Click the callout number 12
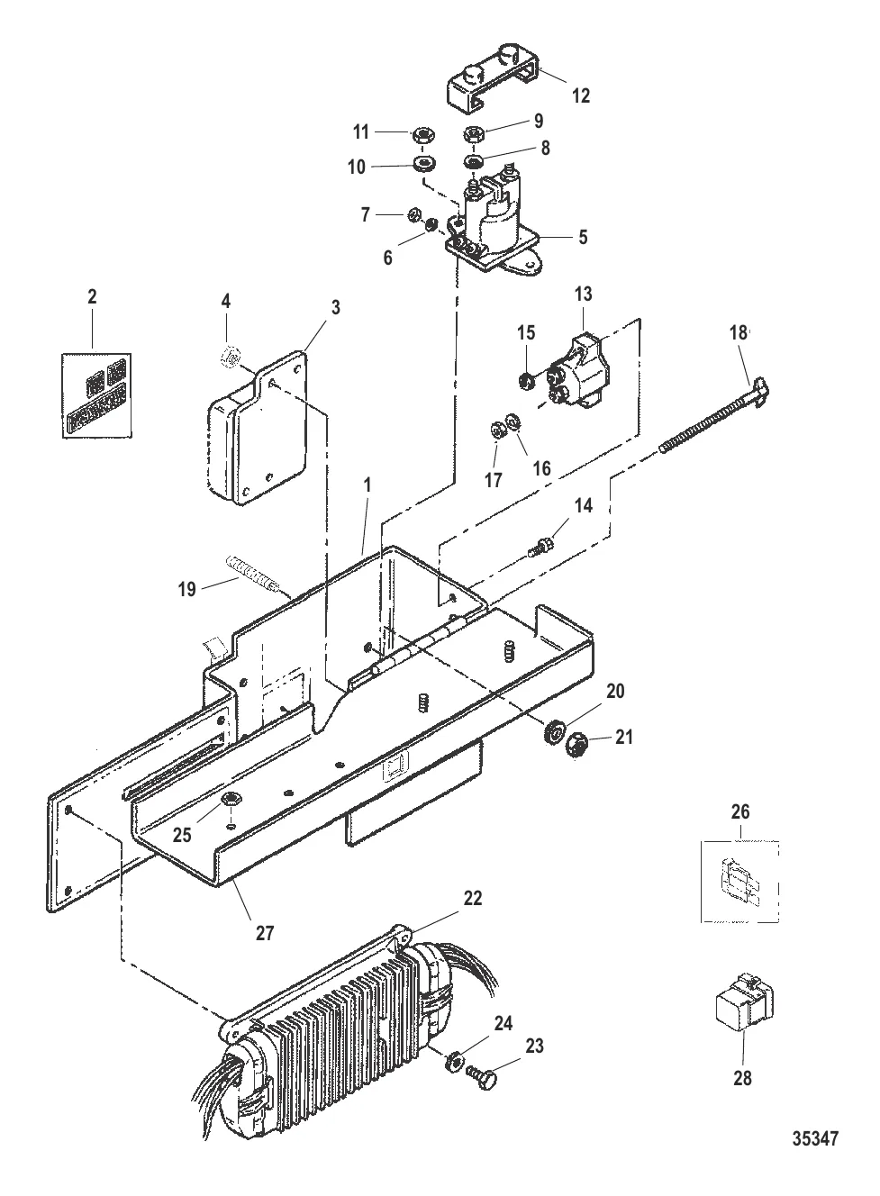coord(581,95)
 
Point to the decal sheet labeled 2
coord(96,395)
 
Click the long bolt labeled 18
coord(714,415)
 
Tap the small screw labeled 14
coord(540,548)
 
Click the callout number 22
coord(473,899)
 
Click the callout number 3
coord(335,307)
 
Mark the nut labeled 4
coord(231,355)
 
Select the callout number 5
coord(583,237)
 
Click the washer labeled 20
coord(553,729)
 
